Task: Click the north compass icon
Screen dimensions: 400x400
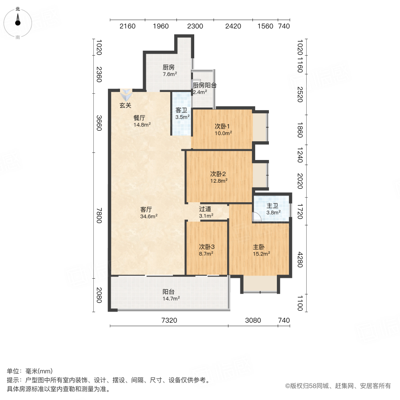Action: tap(18, 22)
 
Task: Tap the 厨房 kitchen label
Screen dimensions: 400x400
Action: tap(168, 68)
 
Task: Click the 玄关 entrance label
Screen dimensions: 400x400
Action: tap(125, 105)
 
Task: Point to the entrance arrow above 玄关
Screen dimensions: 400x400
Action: tap(126, 95)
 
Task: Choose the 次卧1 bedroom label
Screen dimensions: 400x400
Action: tap(223, 126)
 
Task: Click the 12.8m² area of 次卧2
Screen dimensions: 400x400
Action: tap(219, 181)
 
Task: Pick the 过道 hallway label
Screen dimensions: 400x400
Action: tap(205, 209)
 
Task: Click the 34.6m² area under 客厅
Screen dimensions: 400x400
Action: tap(148, 216)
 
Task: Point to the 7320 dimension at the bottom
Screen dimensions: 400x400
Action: tap(169, 320)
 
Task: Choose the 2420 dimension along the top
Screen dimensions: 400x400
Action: tap(233, 26)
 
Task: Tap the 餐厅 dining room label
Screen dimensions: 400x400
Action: tap(140, 118)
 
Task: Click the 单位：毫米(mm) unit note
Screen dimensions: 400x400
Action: tap(29, 371)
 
